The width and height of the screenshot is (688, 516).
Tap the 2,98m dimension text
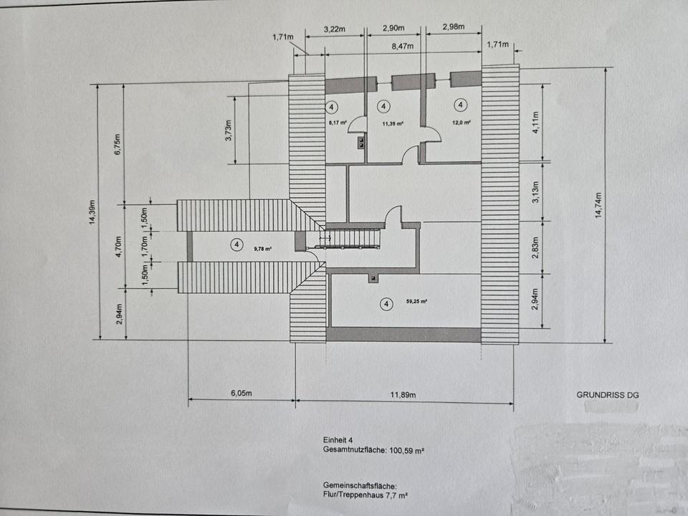click(452, 27)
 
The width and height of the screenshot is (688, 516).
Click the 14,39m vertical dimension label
click(92, 212)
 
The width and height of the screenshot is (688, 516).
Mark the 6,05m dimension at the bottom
click(242, 393)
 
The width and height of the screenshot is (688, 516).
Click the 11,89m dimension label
click(403, 394)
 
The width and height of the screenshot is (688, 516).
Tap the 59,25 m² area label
click(415, 302)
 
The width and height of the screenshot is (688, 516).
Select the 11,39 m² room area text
click(393, 123)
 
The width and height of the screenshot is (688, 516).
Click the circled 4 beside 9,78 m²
click(236, 245)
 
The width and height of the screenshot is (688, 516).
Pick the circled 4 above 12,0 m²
click(461, 105)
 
